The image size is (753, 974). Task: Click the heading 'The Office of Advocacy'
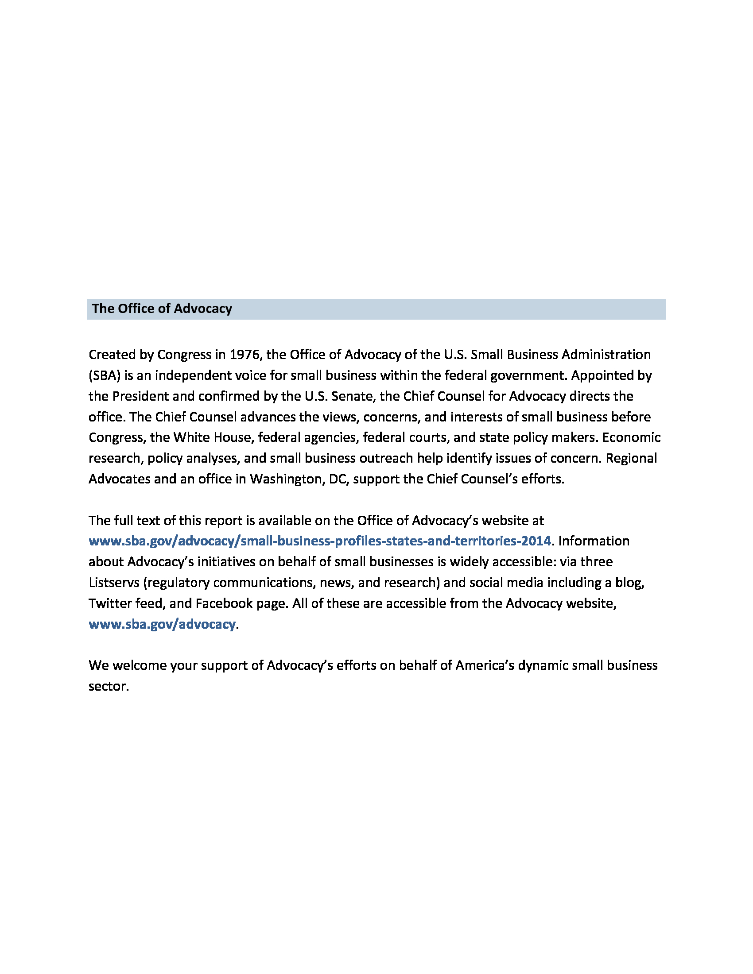point(162,309)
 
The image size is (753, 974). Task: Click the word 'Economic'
point(631,437)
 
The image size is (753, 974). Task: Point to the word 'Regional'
point(631,458)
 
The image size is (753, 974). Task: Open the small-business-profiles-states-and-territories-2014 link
point(320,541)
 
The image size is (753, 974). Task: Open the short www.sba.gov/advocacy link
point(162,624)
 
